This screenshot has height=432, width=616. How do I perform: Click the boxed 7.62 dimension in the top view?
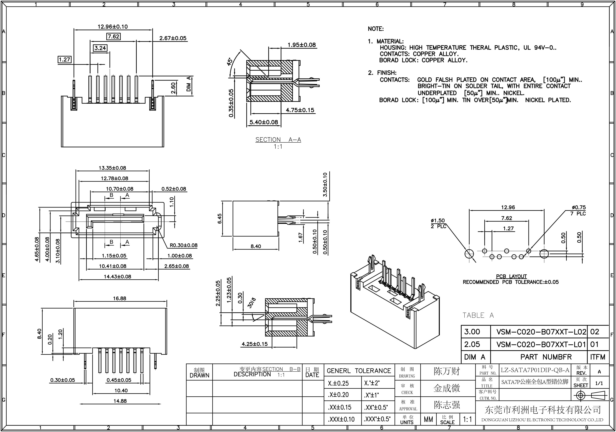(x=113, y=36)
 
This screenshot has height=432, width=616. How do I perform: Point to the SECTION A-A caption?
(x=278, y=140)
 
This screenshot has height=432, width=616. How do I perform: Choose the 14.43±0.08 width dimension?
(x=118, y=277)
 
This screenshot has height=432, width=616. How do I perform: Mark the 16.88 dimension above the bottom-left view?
(x=119, y=298)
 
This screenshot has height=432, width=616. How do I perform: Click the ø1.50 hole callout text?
(x=438, y=220)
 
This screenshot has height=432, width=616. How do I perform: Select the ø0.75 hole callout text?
(x=579, y=207)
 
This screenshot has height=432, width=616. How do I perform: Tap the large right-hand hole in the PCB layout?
(x=544, y=254)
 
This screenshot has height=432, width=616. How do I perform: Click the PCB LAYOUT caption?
(x=511, y=276)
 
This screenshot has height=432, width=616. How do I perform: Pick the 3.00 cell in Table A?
(x=472, y=332)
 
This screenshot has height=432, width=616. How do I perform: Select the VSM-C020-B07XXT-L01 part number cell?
(x=541, y=344)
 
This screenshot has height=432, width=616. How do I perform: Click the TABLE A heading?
(x=478, y=315)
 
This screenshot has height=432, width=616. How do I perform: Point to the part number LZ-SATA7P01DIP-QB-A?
(x=535, y=370)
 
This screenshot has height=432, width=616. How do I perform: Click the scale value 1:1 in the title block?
(x=467, y=419)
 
